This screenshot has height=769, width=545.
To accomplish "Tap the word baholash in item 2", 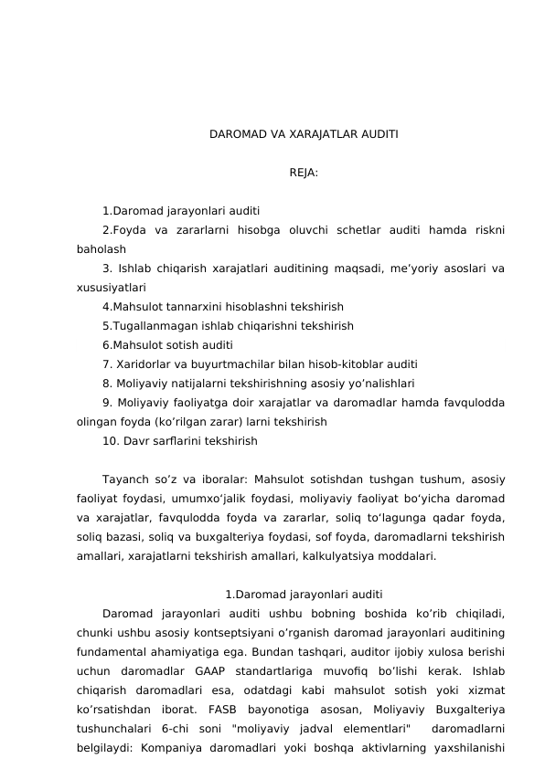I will pos(101,248).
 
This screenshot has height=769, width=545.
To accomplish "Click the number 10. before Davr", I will pos(111,440).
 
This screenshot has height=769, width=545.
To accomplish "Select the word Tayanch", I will pos(124,479).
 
